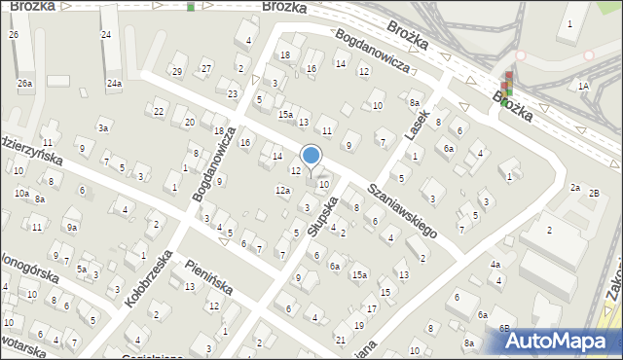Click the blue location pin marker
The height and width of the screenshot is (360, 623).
pyautogui.click(x=311, y=156)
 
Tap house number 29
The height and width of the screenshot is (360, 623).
pyautogui.click(x=176, y=71)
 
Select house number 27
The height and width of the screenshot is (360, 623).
pyautogui.click(x=206, y=67)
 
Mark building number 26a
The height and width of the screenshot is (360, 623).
pyautogui.click(x=24, y=84)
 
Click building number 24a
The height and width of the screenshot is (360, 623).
pyautogui.click(x=114, y=84)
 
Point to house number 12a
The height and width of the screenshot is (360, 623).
pyautogui.click(x=282, y=190)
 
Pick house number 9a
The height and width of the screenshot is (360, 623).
pyautogui.click(x=72, y=227)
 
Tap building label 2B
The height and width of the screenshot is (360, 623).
pyautogui.click(x=595, y=192)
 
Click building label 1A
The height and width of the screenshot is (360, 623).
pyautogui.click(x=583, y=86)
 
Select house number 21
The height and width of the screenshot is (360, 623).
pyautogui.click(x=340, y=339)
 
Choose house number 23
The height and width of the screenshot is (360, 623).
pyautogui.click(x=233, y=93)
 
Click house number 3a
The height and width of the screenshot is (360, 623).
pyautogui.click(x=102, y=126)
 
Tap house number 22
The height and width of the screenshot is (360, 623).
pyautogui.click(x=159, y=111)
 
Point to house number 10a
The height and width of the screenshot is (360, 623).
pyautogui.click(x=20, y=193)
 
